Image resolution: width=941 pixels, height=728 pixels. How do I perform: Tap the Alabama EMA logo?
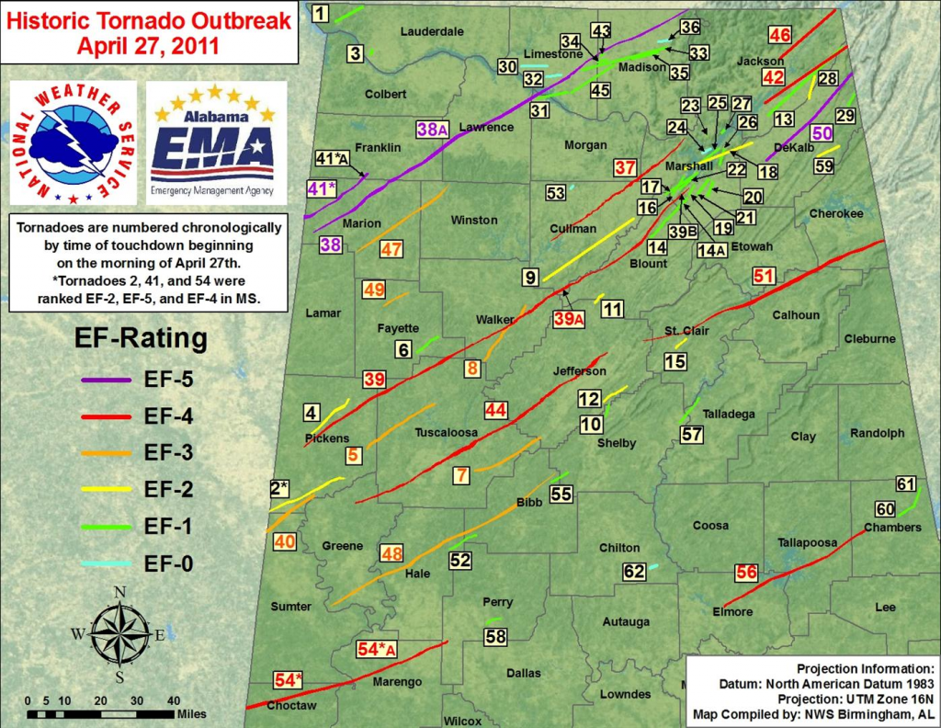coord(216,142)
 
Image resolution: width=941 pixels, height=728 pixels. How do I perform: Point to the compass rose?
coord(119,633)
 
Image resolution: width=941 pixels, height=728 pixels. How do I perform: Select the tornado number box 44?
coord(496,409)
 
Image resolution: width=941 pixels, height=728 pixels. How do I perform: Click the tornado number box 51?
coord(765,276)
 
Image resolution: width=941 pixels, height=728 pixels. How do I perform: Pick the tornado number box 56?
coord(746,573)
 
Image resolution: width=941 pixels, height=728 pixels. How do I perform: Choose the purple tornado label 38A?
coord(432,130)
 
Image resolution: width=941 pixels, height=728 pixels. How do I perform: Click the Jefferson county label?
coord(579,371)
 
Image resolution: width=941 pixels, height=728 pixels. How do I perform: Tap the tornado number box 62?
coord(634,572)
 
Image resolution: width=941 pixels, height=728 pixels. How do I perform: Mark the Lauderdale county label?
coord(432,31)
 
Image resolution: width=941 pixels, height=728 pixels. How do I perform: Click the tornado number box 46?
coord(779,36)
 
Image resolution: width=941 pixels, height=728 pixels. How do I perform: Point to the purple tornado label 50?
coord(822,132)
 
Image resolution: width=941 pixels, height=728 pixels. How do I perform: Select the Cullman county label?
coord(573,228)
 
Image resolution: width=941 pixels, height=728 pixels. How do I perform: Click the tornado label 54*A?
coord(377,649)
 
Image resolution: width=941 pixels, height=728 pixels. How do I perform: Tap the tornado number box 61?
coord(906,484)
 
